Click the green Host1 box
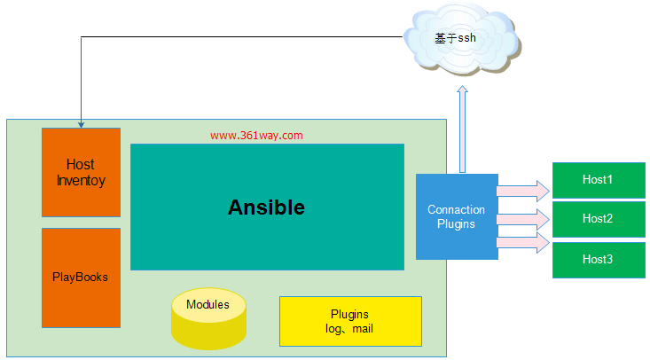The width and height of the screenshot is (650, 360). click(598, 180)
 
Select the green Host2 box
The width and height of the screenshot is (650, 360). click(598, 219)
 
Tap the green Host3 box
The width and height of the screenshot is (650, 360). click(598, 259)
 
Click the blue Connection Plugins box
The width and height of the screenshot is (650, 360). click(456, 217)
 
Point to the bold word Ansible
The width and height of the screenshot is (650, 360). click(266, 207)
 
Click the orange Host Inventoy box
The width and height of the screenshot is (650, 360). click(81, 172)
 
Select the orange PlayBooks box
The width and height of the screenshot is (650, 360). click(81, 277)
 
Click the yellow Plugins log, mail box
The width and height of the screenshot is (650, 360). click(349, 321)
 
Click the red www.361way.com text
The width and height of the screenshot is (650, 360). click(256, 136)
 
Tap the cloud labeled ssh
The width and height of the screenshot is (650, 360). click(461, 41)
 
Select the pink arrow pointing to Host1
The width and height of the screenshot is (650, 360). click(522, 190)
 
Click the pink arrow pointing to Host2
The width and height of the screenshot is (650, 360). click(522, 217)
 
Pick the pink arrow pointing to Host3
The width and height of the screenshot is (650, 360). click(522, 243)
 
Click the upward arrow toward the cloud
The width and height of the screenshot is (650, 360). click(461, 129)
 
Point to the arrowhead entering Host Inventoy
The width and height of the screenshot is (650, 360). click(81, 123)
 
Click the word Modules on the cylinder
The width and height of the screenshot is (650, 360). click(208, 305)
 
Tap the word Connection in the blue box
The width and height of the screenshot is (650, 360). click(456, 210)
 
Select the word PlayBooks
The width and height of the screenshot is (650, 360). click(81, 277)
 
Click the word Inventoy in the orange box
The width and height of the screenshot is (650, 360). click(81, 181)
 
